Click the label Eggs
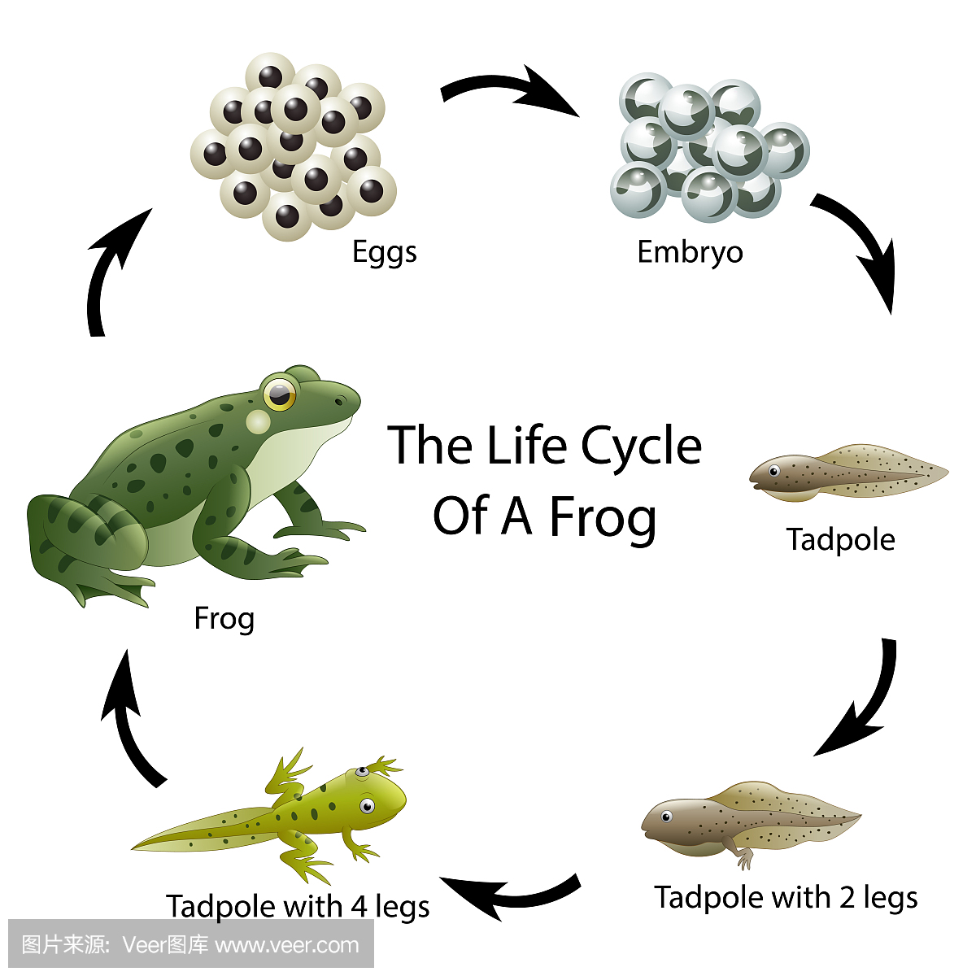click(384, 253)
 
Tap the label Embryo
click(690, 253)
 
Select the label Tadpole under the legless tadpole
click(840, 540)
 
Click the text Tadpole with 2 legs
click(786, 898)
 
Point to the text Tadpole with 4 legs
click(298, 906)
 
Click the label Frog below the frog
click(224, 619)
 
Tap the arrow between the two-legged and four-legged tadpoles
click(508, 895)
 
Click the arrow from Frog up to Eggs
click(110, 268)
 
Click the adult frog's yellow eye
click(280, 394)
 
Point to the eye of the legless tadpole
click(773, 471)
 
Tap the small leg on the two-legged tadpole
click(744, 858)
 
